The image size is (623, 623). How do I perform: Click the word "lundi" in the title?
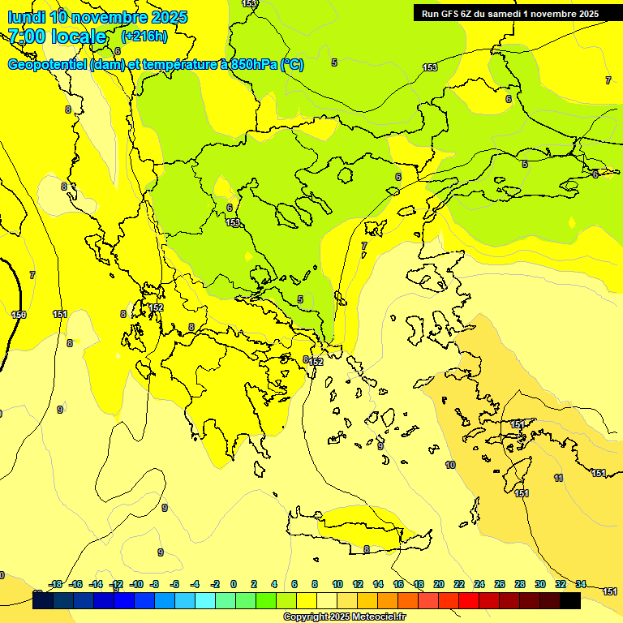point(25,16)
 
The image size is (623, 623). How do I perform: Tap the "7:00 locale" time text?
point(57,37)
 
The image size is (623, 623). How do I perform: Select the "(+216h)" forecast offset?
point(144,37)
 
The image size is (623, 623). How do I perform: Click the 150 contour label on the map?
point(19,314)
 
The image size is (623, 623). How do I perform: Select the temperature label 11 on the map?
point(558,478)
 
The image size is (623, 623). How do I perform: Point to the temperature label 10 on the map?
point(450,465)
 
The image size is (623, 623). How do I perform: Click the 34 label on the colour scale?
point(581,584)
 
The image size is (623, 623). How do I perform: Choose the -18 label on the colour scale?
point(56,584)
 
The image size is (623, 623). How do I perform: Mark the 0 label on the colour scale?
point(234,584)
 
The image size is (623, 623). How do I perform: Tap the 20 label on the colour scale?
point(438,584)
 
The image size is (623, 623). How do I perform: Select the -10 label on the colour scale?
point(136,584)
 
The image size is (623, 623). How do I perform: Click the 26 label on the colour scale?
point(499,584)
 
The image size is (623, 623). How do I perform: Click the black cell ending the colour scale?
point(569,601)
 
